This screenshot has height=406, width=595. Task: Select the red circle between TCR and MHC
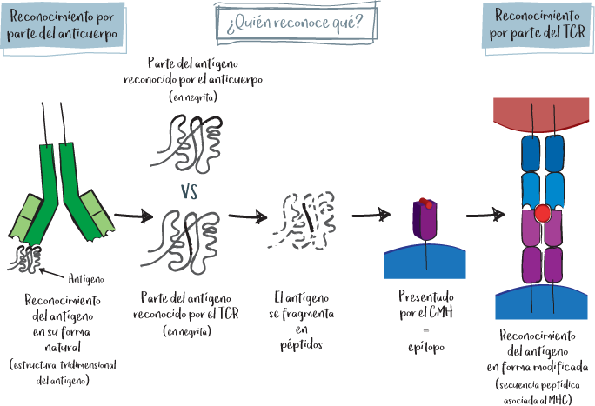pos(544,213)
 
